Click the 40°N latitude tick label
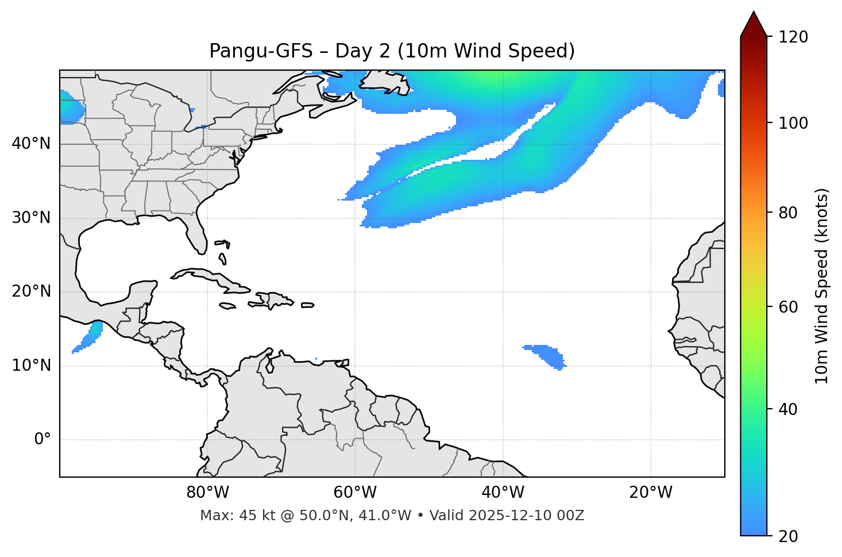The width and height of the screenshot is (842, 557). [x=31, y=144]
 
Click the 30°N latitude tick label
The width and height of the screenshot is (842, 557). [x=31, y=218]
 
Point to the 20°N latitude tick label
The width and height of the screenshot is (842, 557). [x=31, y=292]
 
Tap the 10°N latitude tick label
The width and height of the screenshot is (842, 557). [x=31, y=366]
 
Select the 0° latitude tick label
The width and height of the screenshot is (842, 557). [x=43, y=440]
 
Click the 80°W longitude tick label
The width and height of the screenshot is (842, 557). [x=207, y=493]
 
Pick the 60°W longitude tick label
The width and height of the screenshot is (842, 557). [x=355, y=493]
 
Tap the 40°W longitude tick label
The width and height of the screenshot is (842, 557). [x=503, y=493]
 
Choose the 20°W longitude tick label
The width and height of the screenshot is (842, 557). [x=651, y=493]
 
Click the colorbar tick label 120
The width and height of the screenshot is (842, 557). [x=793, y=37]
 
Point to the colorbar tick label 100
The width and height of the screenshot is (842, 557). [x=793, y=123]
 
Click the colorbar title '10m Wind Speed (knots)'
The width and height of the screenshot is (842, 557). [x=822, y=286]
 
